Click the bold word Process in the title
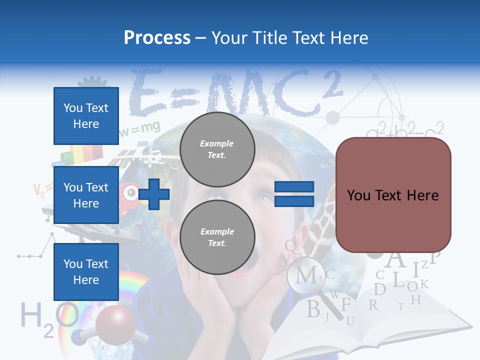pos(157,37)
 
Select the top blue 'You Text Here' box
pos(86,116)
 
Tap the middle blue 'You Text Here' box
pos(86,195)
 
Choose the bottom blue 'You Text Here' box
pos(86,271)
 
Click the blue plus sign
pos(154,194)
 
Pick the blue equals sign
pos(294,194)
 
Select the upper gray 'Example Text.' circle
pos(217,149)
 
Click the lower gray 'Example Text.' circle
pos(217,237)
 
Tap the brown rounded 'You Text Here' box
pos(393,195)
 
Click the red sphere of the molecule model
pos(115,324)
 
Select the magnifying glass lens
pos(306,275)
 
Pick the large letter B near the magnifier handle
pos(313,309)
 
